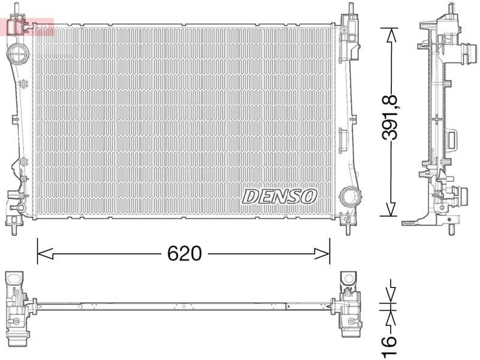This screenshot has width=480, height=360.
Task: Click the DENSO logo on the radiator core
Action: pos(280,196)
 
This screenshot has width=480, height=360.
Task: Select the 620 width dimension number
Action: pos(184,254)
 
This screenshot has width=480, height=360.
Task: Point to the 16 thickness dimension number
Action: pos(390,340)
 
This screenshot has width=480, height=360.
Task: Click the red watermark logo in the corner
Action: pos(27,26)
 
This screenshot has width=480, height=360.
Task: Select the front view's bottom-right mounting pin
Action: pos(347,227)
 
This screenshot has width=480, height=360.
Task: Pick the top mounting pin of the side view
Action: pos(449,10)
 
